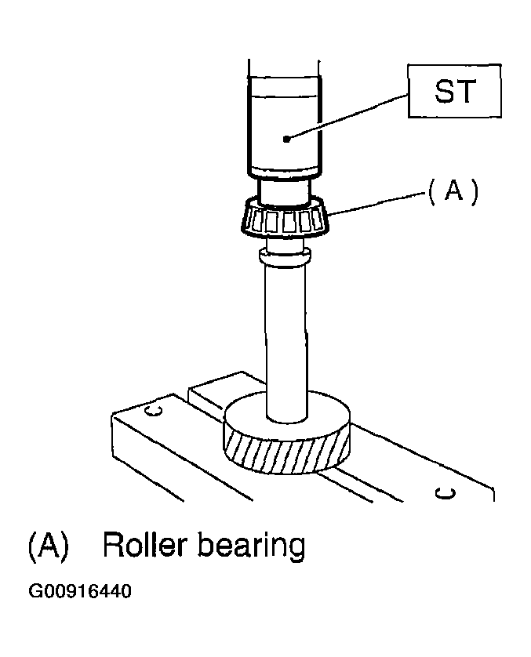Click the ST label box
click(454, 91)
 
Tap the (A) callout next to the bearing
click(453, 192)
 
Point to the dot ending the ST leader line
click(286, 139)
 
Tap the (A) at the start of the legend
click(48, 546)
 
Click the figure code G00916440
click(80, 591)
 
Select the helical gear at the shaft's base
click(286, 433)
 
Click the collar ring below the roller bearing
click(285, 256)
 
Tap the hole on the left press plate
click(153, 410)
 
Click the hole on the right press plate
click(445, 492)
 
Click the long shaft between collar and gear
click(286, 342)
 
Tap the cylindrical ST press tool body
click(285, 125)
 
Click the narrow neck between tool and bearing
click(285, 191)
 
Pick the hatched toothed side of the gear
click(286, 455)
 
